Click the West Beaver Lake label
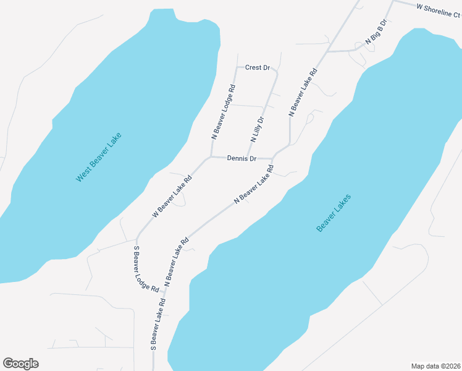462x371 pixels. pos(99,157)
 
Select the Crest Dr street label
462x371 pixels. pos(258,67)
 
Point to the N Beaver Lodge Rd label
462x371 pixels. pos(224,109)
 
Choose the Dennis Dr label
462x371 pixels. pos(241,159)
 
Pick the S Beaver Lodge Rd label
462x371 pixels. pos(146,269)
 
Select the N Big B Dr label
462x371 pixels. pos(376,32)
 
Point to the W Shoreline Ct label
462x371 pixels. pos(439,8)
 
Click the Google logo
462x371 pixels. pos(20,364)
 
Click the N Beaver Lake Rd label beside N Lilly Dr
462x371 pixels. pos(303,92)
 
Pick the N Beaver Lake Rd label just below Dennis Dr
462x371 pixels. pos(254,184)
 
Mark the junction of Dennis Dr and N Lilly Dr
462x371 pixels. pos(248,157)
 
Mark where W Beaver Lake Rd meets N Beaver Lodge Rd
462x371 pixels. pos(211,157)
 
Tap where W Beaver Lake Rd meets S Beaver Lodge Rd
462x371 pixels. pos(136,239)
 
